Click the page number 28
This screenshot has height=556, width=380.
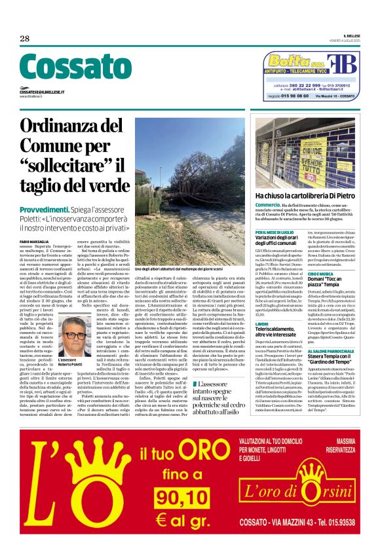[25, 39]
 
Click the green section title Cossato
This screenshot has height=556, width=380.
[66, 67]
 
